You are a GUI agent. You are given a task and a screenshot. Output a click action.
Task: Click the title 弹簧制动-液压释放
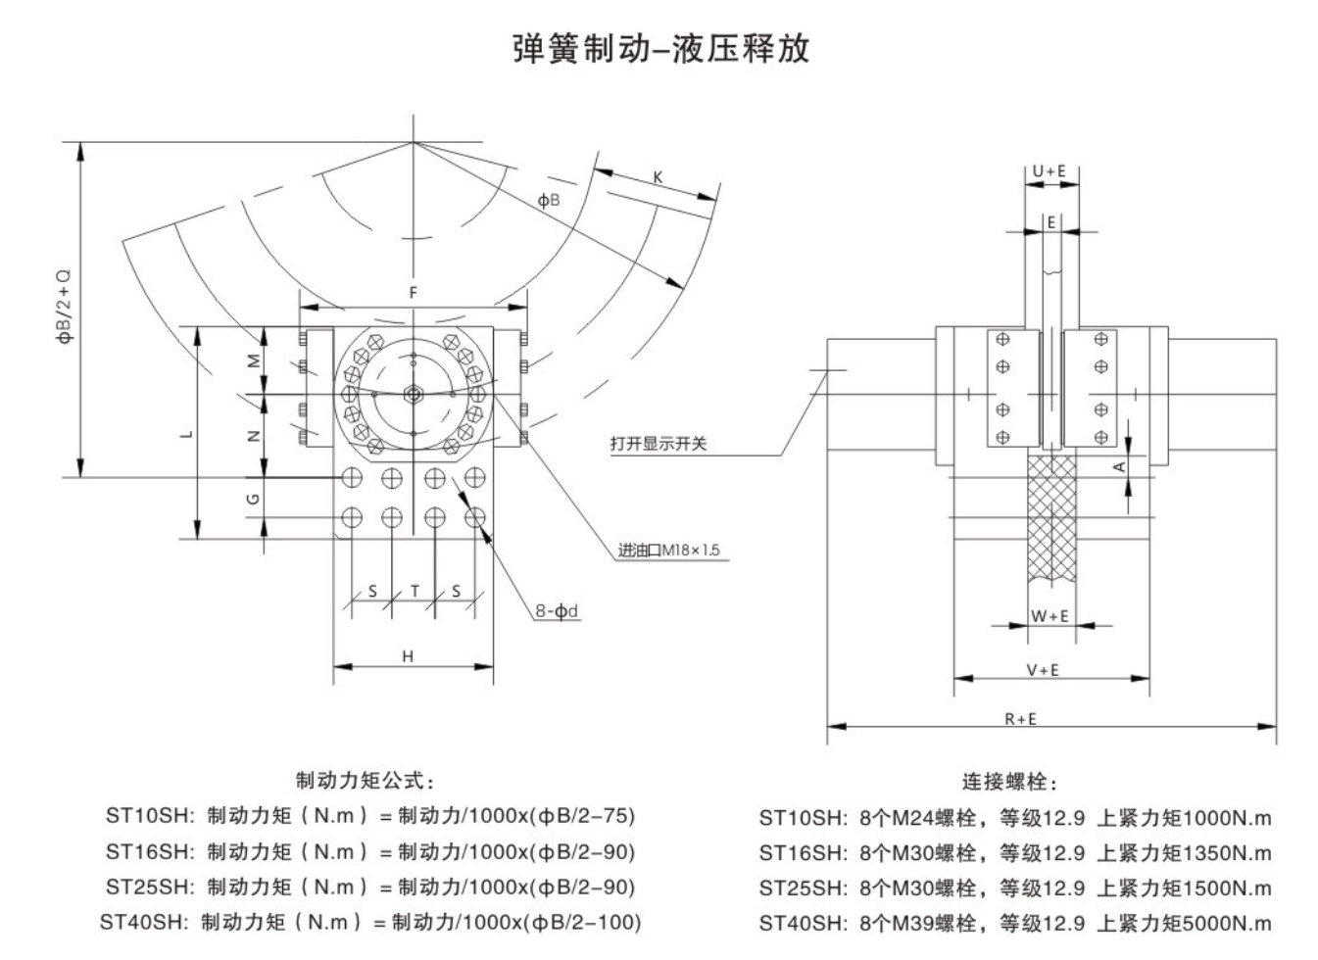pyautogui.click(x=661, y=48)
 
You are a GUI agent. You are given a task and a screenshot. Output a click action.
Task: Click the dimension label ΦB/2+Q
pyautogui.click(x=65, y=307)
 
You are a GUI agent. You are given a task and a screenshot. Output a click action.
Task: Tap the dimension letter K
pyautogui.click(x=659, y=177)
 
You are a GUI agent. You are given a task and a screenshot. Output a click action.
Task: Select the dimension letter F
pyautogui.click(x=414, y=293)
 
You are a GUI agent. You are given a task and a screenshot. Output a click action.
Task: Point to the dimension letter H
pyautogui.click(x=408, y=655)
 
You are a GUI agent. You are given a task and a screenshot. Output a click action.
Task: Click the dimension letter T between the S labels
pyautogui.click(x=415, y=591)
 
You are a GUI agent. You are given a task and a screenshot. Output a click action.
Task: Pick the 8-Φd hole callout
pyautogui.click(x=557, y=611)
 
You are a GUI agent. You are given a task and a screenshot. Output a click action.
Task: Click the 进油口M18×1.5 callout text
pyautogui.click(x=668, y=551)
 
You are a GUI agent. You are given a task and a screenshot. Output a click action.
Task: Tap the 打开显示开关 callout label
pyautogui.click(x=658, y=444)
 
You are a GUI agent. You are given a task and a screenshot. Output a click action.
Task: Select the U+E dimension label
pyautogui.click(x=1050, y=170)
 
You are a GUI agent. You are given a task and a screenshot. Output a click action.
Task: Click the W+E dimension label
pyautogui.click(x=1050, y=616)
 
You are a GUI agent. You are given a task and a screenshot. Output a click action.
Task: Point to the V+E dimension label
pyautogui.click(x=1043, y=670)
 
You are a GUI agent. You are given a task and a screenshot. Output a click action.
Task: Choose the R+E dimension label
pyautogui.click(x=1020, y=718)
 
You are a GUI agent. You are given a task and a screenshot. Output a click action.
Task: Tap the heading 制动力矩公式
pyautogui.click(x=365, y=781)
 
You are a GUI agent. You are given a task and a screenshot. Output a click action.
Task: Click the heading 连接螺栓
pyautogui.click(x=1010, y=782)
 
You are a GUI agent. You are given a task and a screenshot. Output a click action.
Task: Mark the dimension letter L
pyautogui.click(x=188, y=433)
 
